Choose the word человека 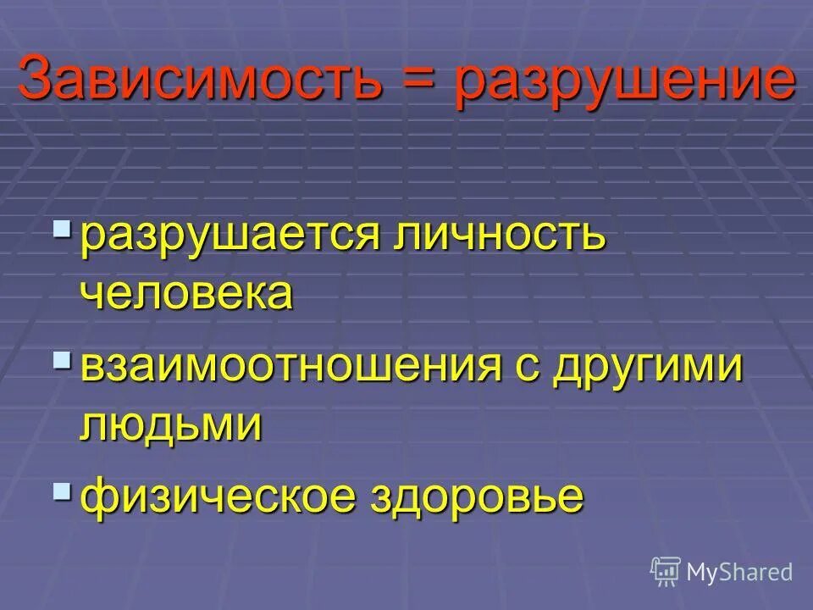[x=187, y=293]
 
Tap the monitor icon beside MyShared [x=666, y=571]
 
